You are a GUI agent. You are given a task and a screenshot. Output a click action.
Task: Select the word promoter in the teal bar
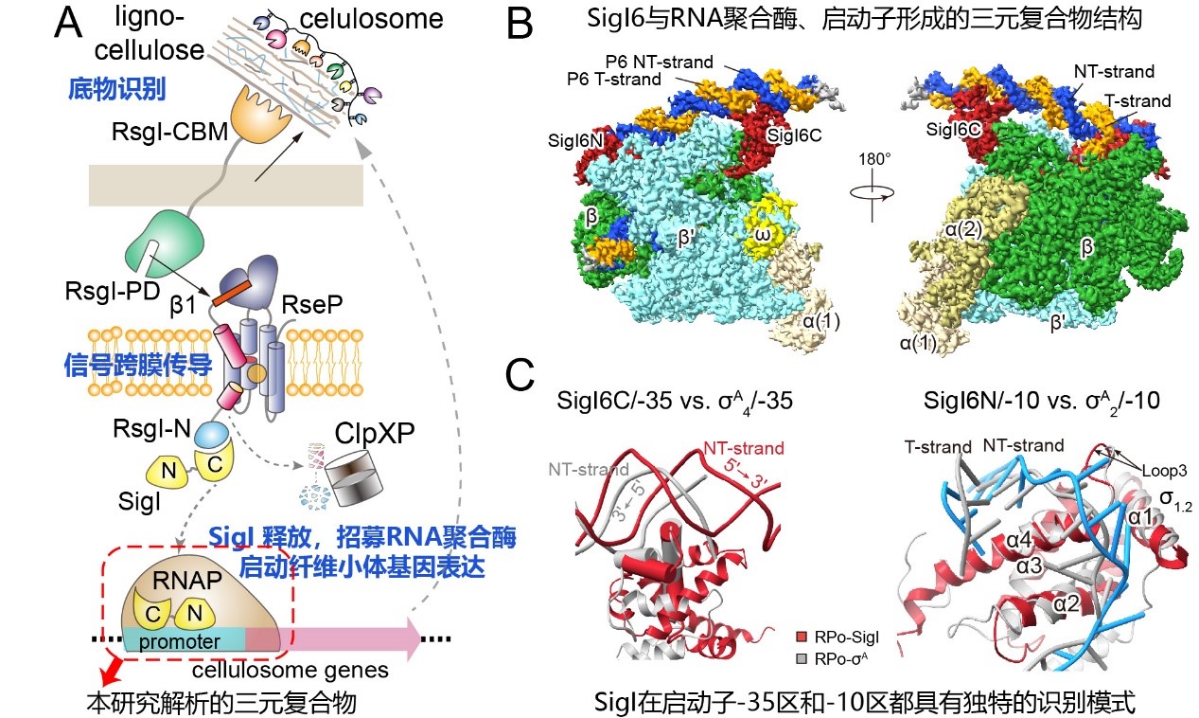[181, 641]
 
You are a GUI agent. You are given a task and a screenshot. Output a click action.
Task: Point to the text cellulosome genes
[290, 671]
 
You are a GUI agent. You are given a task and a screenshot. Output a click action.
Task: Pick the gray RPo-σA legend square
[802, 655]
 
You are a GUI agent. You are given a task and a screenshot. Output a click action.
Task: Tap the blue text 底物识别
[117, 89]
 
